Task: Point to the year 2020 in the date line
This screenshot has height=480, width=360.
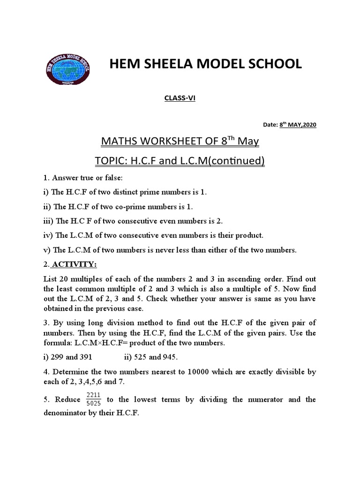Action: click(x=307, y=125)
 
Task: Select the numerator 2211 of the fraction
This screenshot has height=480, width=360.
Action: click(x=94, y=395)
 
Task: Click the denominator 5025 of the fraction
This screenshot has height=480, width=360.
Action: click(x=94, y=403)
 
